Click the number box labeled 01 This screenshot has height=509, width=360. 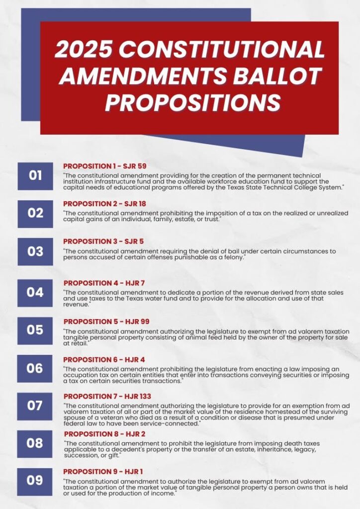click(35, 175)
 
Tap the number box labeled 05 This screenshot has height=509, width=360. click(35, 330)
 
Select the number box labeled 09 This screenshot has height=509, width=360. click(35, 481)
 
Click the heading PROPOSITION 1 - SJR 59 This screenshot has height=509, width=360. click(104, 166)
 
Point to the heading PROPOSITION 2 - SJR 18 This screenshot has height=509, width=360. click(104, 204)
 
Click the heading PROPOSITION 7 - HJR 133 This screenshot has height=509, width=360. click(107, 396)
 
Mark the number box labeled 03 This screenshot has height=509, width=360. click(35, 252)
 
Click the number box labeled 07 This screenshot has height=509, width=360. click(35, 406)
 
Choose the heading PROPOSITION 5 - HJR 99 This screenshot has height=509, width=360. click(106, 322)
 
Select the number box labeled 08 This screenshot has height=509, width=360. click(35, 443)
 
